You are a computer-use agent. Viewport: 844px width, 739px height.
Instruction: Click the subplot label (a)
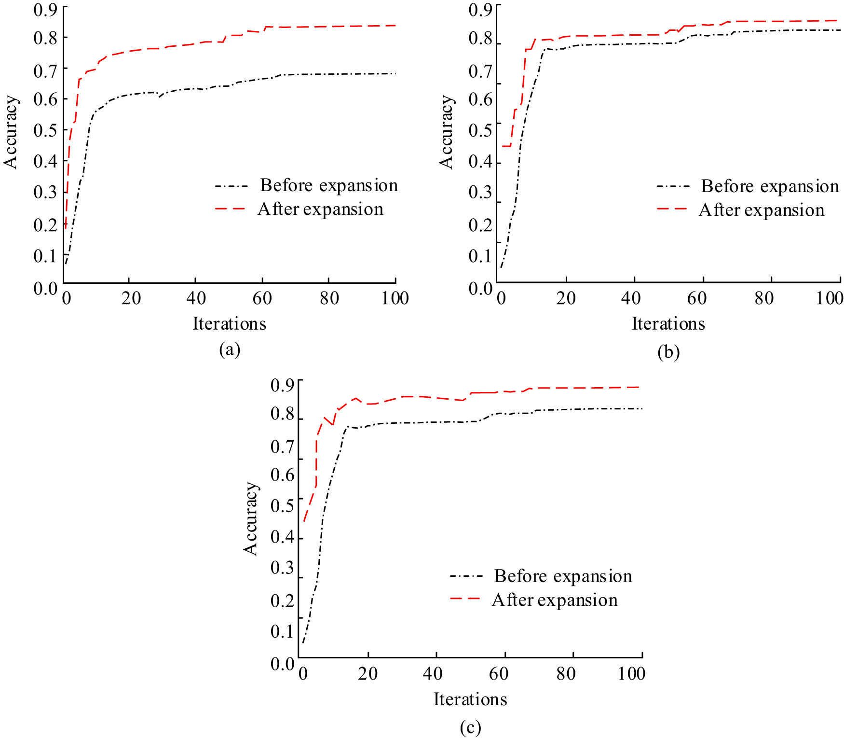tap(230, 349)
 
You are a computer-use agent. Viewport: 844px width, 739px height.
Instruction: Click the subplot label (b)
tap(668, 352)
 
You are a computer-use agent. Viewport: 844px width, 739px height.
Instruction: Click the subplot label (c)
tap(470, 727)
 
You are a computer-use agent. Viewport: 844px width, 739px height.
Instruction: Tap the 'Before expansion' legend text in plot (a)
tap(329, 185)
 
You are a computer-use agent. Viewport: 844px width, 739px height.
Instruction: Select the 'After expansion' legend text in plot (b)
tap(762, 210)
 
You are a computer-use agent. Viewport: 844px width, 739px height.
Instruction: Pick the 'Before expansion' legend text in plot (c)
tap(563, 576)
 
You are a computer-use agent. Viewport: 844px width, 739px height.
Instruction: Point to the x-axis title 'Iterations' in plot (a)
tap(229, 323)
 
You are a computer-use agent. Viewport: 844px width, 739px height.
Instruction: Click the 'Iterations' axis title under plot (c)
tap(470, 699)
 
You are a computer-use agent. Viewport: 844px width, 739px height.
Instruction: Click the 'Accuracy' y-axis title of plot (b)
tap(447, 132)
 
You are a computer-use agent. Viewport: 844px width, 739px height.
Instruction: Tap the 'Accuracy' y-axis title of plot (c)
tap(251, 518)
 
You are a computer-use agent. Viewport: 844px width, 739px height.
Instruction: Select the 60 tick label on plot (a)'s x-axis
tap(262, 298)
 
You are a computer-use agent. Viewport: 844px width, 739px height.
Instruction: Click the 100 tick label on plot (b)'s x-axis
tap(830, 298)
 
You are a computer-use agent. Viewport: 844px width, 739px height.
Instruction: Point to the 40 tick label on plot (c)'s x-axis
tap(433, 673)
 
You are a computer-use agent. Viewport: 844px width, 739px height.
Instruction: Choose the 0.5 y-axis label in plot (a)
tap(45, 130)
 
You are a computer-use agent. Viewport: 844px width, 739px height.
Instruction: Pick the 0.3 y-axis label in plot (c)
tap(283, 568)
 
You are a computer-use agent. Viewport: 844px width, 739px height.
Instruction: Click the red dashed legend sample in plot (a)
tap(230, 209)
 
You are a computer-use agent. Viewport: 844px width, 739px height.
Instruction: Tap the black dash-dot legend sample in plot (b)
tap(672, 186)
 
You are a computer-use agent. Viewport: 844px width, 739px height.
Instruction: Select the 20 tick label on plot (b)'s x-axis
tap(566, 298)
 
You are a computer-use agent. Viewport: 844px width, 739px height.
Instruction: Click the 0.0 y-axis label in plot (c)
tap(283, 664)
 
